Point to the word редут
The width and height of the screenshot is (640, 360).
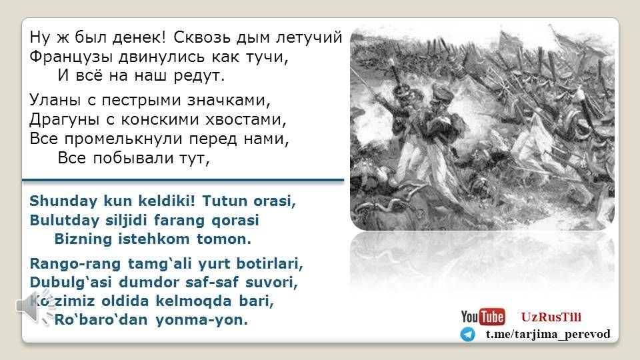point(199,76)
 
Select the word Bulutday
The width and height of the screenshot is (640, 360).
point(65,221)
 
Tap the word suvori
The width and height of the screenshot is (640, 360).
point(271,282)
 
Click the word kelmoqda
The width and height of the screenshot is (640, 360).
point(194,301)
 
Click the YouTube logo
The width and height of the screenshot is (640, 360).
point(483,317)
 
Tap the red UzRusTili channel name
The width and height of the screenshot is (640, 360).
point(551,317)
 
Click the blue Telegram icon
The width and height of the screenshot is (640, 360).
point(468,334)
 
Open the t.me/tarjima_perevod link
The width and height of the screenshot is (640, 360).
point(548,334)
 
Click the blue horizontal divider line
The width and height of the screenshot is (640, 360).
point(183,179)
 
